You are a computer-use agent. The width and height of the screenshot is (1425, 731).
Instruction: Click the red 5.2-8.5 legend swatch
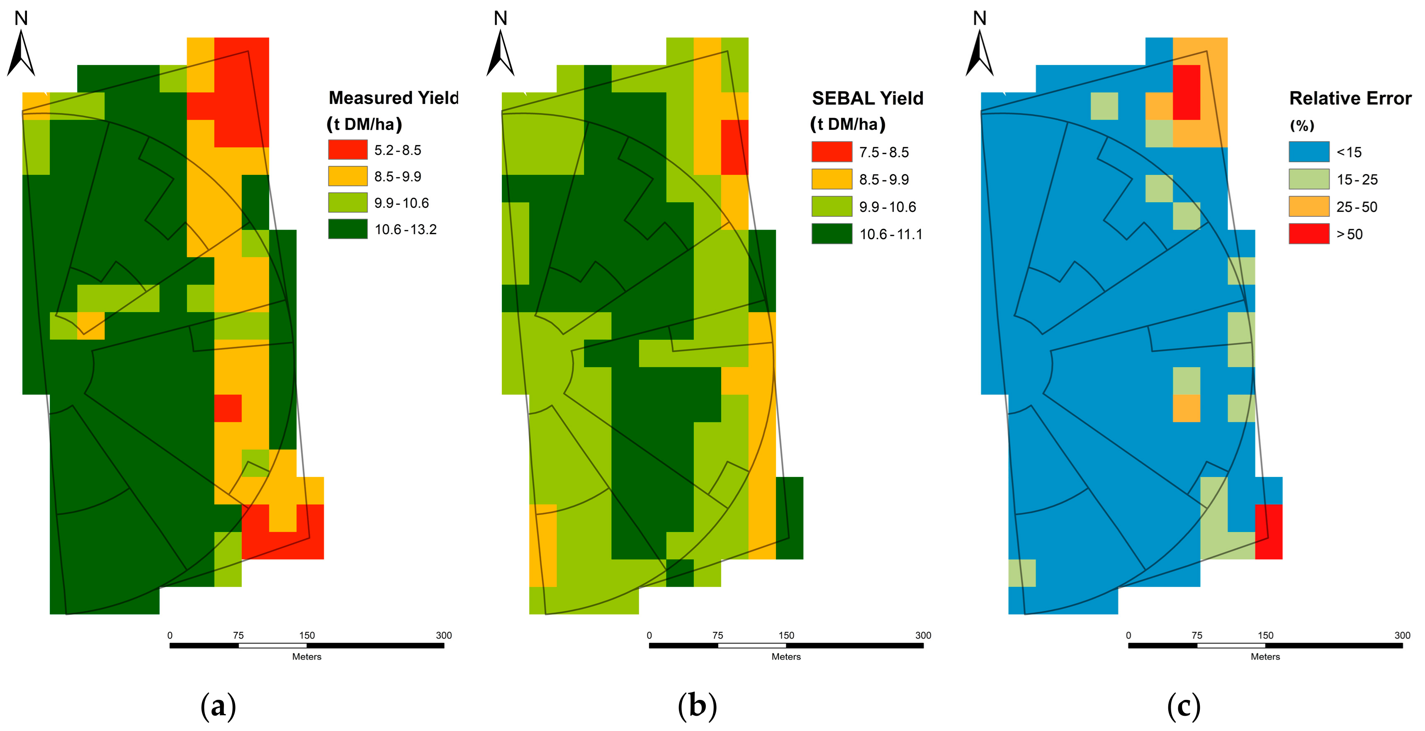348,149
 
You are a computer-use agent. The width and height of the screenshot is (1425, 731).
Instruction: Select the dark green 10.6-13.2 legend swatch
348,229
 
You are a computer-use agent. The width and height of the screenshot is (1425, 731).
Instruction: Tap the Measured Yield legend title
393,98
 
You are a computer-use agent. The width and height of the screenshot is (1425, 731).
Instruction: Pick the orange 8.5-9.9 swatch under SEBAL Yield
832,179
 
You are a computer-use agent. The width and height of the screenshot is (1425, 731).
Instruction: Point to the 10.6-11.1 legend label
891,235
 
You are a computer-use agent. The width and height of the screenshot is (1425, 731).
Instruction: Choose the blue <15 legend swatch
1309,152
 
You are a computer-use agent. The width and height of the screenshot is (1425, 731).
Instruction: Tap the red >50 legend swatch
1309,234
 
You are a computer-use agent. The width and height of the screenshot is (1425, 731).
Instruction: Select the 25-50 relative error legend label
1357,207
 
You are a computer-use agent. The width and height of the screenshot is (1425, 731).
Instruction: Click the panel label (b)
697,707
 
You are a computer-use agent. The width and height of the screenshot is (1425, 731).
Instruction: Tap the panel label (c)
1183,707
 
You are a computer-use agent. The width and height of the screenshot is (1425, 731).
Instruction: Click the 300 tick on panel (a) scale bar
444,636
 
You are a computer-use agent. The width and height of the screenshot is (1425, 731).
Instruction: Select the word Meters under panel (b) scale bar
785,657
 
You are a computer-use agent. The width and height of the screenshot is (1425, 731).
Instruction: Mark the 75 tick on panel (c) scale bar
1196,636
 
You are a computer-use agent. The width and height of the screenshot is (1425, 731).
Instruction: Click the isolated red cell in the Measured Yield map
228,408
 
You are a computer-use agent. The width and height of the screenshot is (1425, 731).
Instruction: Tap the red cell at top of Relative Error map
1186,92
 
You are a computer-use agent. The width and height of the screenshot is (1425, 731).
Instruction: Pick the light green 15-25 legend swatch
1309,179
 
